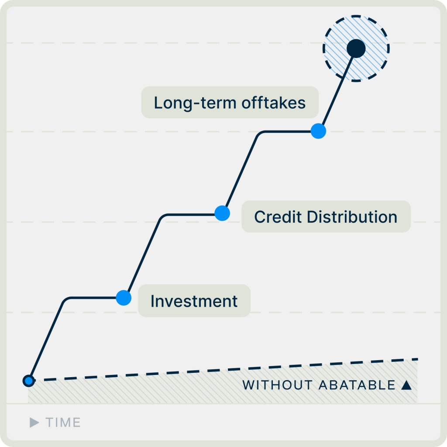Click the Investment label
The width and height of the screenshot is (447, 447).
click(194, 301)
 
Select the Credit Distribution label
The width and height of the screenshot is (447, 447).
click(326, 217)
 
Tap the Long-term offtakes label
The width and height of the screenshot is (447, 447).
click(230, 102)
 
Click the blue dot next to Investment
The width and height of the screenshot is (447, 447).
click(124, 298)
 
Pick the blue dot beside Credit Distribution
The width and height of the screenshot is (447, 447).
click(222, 213)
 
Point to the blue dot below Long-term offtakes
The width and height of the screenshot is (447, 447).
click(318, 131)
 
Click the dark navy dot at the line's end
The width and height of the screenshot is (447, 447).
click(356, 48)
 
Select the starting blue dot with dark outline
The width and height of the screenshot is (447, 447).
click(29, 381)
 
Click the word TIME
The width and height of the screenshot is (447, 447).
click(63, 423)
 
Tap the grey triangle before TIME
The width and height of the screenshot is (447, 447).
click(34, 423)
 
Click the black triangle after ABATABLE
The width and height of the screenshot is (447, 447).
click(406, 385)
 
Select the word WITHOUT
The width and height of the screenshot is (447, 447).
click(277, 385)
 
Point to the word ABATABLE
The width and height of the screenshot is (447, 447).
click(357, 385)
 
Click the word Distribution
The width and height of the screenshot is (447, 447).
click(352, 217)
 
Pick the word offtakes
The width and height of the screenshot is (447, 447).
click(274, 103)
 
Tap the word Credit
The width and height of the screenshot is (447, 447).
click(278, 217)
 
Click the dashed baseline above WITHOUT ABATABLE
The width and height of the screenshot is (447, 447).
click(223, 370)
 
